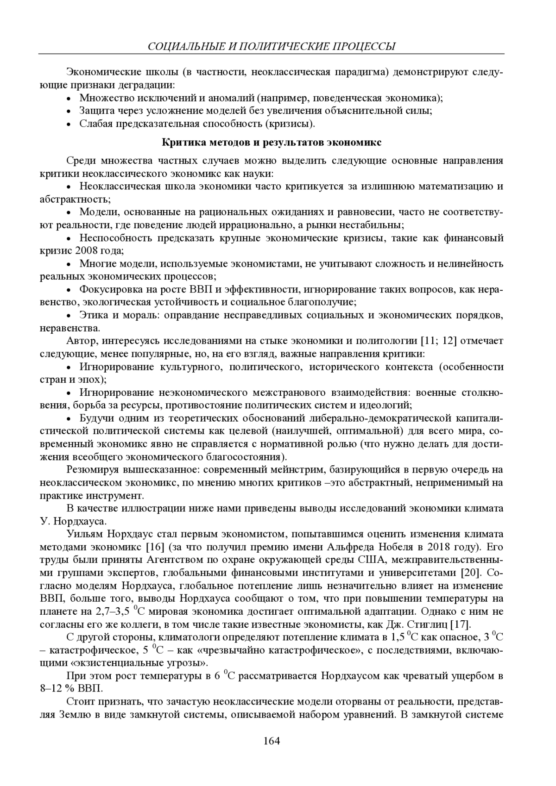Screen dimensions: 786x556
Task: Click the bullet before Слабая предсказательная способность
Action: pos(69,124)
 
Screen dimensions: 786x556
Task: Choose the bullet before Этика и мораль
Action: pos(69,316)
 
